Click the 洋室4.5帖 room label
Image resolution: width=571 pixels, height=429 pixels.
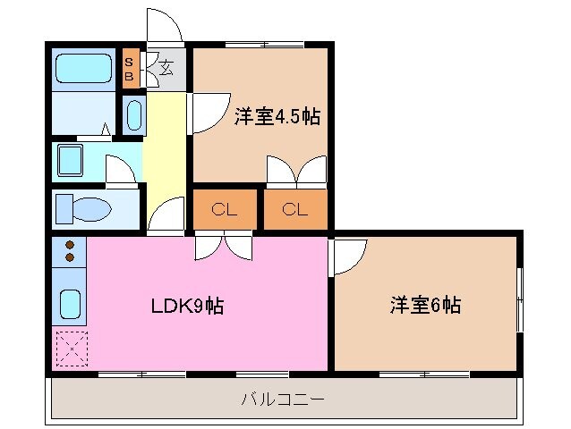[x=277, y=117]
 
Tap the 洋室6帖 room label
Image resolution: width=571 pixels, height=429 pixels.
[x=425, y=305]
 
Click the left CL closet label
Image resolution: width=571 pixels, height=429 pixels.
[x=224, y=210]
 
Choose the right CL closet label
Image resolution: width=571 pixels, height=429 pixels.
[x=294, y=210]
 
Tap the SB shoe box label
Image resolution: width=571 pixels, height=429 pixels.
[x=130, y=69]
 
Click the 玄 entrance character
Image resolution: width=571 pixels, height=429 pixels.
[x=166, y=66]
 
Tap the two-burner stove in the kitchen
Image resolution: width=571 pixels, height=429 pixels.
[x=70, y=251]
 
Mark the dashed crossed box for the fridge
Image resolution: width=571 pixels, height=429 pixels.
[x=70, y=349]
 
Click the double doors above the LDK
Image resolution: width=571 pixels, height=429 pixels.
[x=224, y=244]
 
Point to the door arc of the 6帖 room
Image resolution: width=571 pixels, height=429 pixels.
[x=347, y=257]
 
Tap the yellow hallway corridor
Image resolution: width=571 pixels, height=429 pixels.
[x=165, y=152]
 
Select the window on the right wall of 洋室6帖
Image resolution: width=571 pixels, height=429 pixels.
[x=521, y=299]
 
